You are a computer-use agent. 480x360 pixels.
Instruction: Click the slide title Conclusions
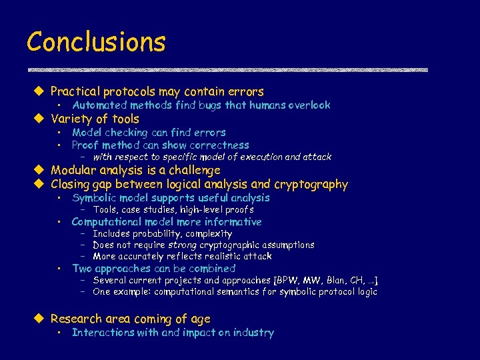[96, 42]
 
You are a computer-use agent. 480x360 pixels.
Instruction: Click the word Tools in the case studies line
[105, 210]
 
